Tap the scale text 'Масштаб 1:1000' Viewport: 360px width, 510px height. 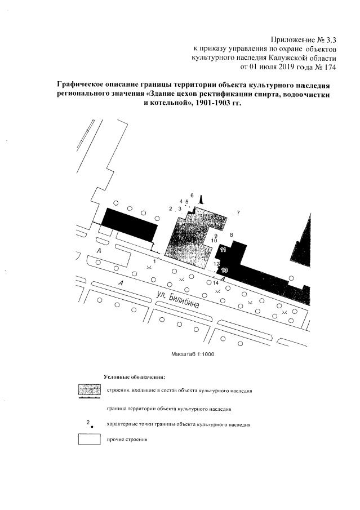coord(193,354)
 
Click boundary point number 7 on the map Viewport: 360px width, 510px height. coord(238,212)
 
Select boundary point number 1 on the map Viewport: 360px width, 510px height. coord(154,261)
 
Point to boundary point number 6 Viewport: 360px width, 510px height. coord(192,195)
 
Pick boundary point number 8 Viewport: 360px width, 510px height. coord(231,234)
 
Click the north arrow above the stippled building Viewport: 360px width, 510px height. coord(202,198)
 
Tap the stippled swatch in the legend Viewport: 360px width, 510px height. coord(89,390)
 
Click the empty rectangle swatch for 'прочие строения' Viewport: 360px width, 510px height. coord(89,440)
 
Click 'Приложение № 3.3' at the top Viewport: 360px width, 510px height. coord(303,39)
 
